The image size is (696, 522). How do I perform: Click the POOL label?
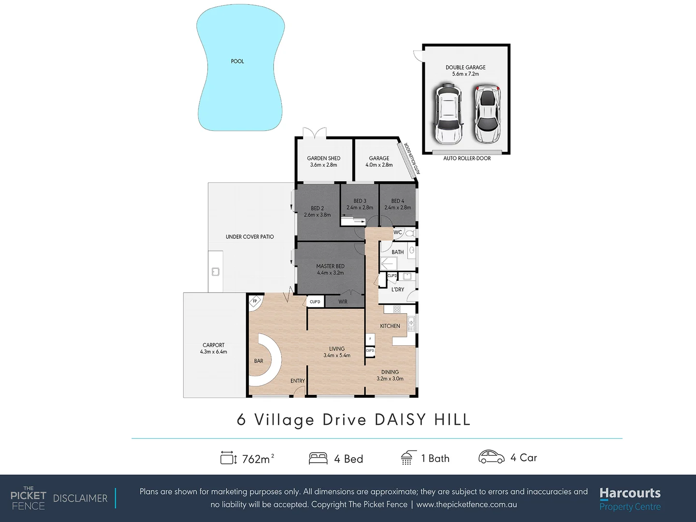tap(237, 61)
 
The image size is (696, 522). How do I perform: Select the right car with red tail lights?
tap(486, 114)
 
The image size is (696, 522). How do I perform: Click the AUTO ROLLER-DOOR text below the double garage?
tap(467, 159)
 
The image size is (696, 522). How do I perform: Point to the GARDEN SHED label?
tap(324, 158)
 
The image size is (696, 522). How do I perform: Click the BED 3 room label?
tap(360, 201)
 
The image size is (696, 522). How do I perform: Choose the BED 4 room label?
tap(398, 201)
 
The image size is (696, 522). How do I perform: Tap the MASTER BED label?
tap(330, 266)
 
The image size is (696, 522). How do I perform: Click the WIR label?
tap(343, 302)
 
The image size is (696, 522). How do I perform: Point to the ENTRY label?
tap(298, 381)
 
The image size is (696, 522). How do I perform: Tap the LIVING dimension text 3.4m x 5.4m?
tap(337, 356)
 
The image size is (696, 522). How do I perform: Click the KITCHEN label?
tap(390, 326)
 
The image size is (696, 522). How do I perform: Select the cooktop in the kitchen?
tap(397, 309)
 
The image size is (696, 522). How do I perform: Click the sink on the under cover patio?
tap(216, 272)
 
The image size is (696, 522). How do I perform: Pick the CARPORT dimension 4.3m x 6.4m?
tap(214, 352)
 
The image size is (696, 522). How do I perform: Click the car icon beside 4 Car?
tap(491, 457)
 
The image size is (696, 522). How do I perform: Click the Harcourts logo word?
tap(630, 493)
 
